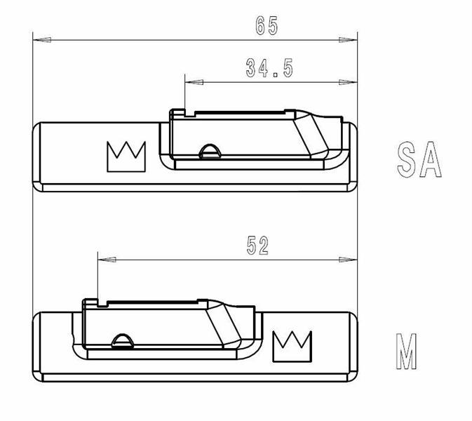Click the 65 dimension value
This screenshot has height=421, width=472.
coord(267,26)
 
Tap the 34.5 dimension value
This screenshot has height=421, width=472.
coord(269,68)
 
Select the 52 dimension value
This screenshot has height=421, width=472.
coord(257,246)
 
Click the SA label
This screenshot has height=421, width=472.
coord(419,159)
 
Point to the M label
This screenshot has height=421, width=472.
coord(406,351)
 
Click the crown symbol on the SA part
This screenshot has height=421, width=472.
coord(126,156)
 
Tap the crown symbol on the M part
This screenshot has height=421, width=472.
coord(292,347)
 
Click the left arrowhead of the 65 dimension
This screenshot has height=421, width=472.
coord(42,40)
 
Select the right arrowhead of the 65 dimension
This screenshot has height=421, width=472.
coord(348,40)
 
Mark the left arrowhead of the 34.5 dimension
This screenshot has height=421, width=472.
coord(194,82)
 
